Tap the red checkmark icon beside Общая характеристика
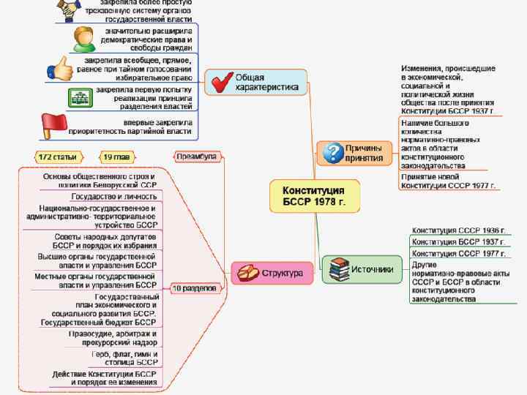(x=219, y=83)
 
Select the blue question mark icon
(x=334, y=152)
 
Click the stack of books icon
(x=338, y=270)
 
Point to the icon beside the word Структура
(x=246, y=274)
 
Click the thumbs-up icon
(x=61, y=68)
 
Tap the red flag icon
(x=54, y=125)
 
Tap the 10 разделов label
(x=195, y=288)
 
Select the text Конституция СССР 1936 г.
(x=458, y=230)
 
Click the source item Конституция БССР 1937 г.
(x=458, y=242)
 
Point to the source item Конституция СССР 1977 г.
(x=458, y=254)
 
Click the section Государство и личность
(x=113, y=196)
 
